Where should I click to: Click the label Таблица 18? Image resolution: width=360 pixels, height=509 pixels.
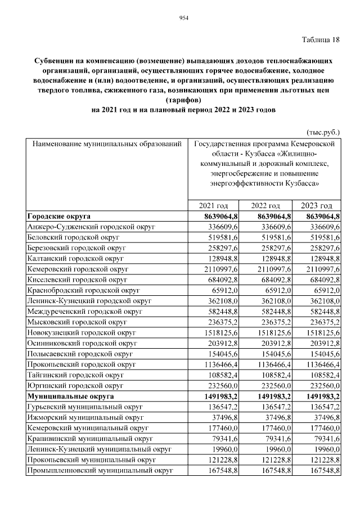(x=321, y=39)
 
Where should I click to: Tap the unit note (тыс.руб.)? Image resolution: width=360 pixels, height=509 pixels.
(x=323, y=132)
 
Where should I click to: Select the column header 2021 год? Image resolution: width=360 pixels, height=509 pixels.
(x=214, y=206)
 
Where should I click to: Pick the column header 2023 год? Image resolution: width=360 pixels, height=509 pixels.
(x=317, y=206)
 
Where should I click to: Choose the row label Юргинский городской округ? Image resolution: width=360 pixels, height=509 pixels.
(x=74, y=385)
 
